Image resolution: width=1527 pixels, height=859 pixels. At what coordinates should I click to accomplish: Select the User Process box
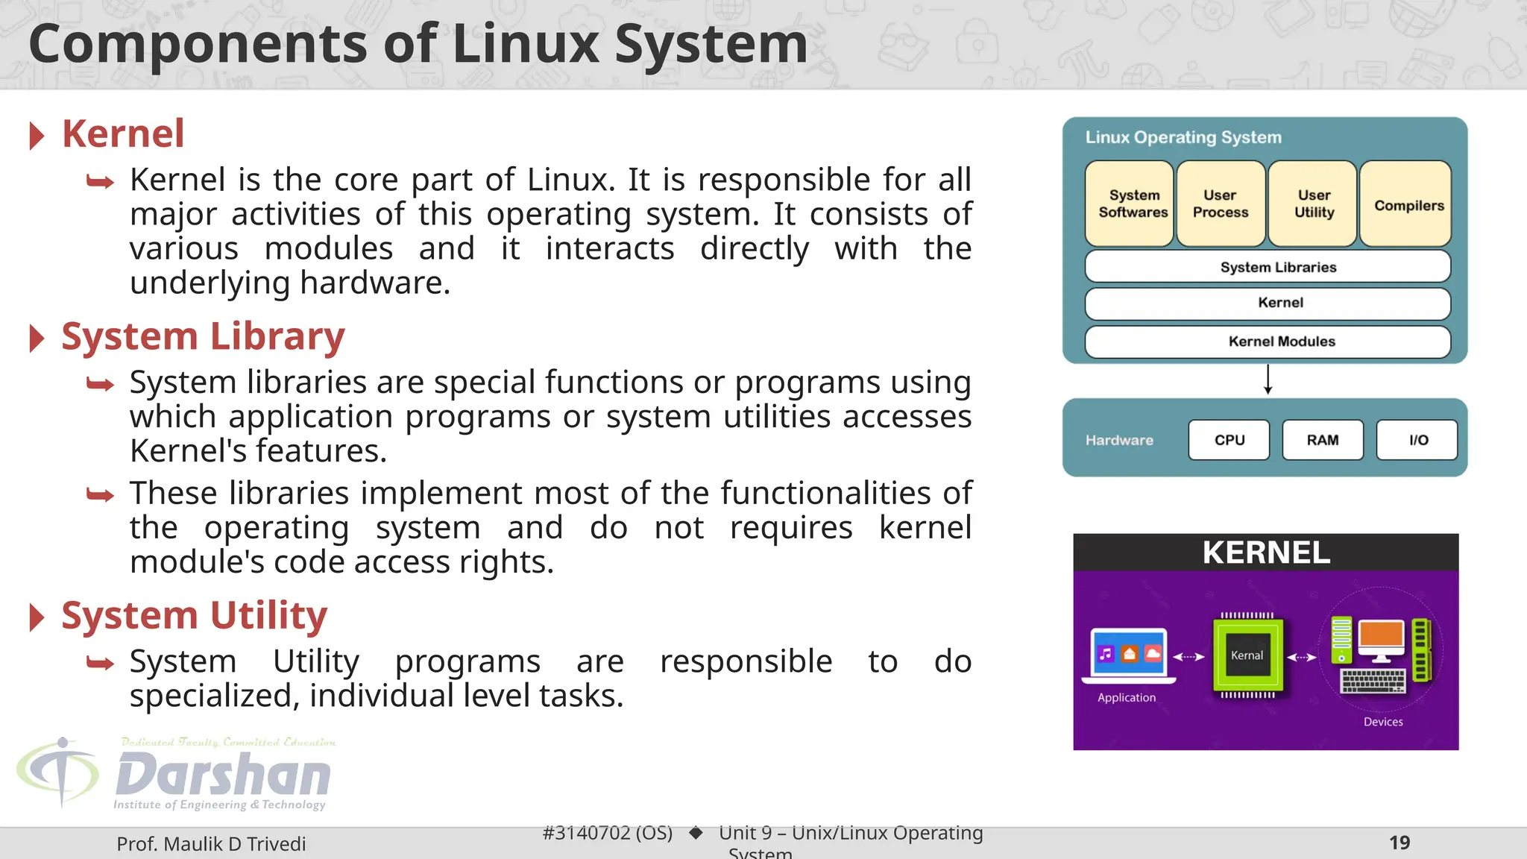[1221, 204]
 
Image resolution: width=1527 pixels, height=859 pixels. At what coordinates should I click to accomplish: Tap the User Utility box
[1313, 204]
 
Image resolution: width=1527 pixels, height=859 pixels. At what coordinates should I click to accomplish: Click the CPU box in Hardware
[1229, 440]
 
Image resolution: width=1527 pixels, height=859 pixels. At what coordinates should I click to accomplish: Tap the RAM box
[1323, 440]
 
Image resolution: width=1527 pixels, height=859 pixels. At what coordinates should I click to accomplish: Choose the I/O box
[1417, 440]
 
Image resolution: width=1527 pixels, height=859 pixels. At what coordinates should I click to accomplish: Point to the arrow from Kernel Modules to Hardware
[1268, 380]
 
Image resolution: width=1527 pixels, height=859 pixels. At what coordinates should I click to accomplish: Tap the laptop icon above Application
[1128, 655]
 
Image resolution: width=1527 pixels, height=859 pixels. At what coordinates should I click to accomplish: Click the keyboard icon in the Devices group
[1372, 681]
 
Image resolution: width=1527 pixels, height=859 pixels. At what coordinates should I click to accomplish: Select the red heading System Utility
[194, 616]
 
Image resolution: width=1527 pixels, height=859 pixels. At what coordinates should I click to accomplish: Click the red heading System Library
[203, 336]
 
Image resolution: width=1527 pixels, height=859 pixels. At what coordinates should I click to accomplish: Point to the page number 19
[1400, 843]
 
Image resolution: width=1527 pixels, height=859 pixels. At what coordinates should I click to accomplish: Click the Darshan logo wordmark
[222, 775]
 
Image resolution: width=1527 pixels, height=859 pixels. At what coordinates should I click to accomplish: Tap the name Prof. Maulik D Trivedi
[211, 844]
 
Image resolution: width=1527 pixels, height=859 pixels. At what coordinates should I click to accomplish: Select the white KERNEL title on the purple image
[1266, 553]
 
